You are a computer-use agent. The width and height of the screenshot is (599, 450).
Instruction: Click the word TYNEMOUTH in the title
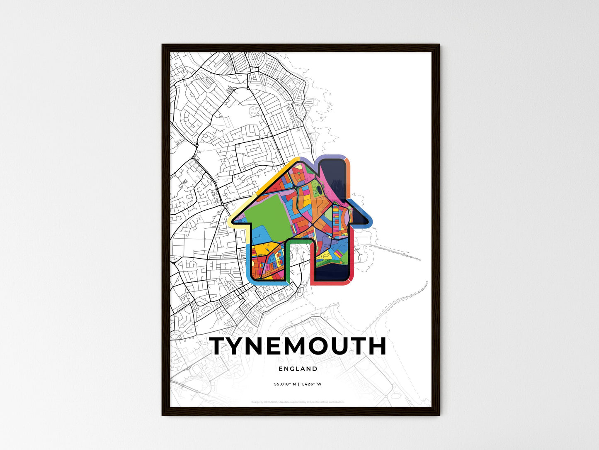(298, 346)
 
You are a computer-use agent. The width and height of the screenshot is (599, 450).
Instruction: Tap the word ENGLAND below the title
(298, 369)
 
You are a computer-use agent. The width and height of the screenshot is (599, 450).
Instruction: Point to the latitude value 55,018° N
(284, 384)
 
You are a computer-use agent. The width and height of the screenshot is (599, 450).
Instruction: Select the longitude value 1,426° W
(311, 384)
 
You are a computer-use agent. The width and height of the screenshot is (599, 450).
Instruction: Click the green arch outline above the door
(298, 240)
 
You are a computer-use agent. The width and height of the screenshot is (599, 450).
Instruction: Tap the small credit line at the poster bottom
(298, 402)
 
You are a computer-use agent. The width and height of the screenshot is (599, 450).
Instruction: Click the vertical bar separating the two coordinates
(298, 384)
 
